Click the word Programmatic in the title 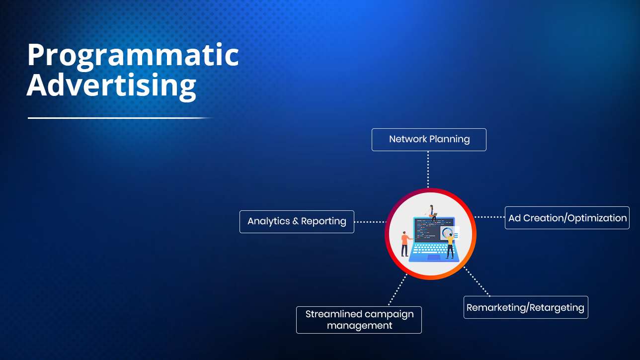coord(133,56)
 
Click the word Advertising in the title coord(111,87)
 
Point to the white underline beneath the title coord(120,118)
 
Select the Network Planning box coord(429,140)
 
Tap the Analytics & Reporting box coord(297,222)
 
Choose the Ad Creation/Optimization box coord(567,218)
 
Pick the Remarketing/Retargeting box coord(526,307)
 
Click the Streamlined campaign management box coord(359,320)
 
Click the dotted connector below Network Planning coord(428,170)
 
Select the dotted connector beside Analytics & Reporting coord(370,222)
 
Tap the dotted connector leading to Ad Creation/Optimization coord(489,217)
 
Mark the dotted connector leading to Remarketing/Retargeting coord(477,281)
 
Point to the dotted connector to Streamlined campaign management coord(398,289)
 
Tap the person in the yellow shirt coord(450,245)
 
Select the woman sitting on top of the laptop coord(432,213)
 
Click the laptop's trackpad coord(434,258)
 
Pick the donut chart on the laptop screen coord(447,232)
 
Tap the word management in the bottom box coord(359,325)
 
